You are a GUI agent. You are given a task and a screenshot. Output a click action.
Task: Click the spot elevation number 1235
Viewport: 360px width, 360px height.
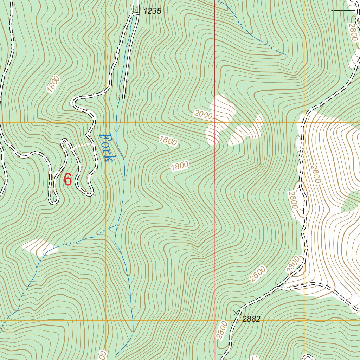[x=152, y=11]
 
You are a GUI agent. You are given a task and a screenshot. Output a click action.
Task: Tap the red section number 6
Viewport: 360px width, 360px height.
[x=68, y=180]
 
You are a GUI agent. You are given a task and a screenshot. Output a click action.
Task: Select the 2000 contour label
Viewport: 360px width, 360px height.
[x=203, y=115]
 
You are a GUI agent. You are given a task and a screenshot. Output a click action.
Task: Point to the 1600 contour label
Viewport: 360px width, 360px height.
[x=168, y=141]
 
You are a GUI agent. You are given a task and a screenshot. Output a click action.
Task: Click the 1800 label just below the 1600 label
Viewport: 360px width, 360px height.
[x=180, y=166]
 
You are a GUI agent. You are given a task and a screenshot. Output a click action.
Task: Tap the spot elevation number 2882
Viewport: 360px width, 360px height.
[x=251, y=319]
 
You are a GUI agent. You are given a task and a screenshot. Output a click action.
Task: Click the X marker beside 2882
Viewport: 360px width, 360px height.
[x=236, y=313]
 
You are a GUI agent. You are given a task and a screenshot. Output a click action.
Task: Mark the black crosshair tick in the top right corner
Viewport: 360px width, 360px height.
[x=343, y=11]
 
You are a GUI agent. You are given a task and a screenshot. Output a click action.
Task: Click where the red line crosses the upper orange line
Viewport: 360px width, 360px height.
[x=215, y=122]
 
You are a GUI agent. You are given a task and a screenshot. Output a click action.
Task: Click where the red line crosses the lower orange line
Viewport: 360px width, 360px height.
[x=215, y=320]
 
